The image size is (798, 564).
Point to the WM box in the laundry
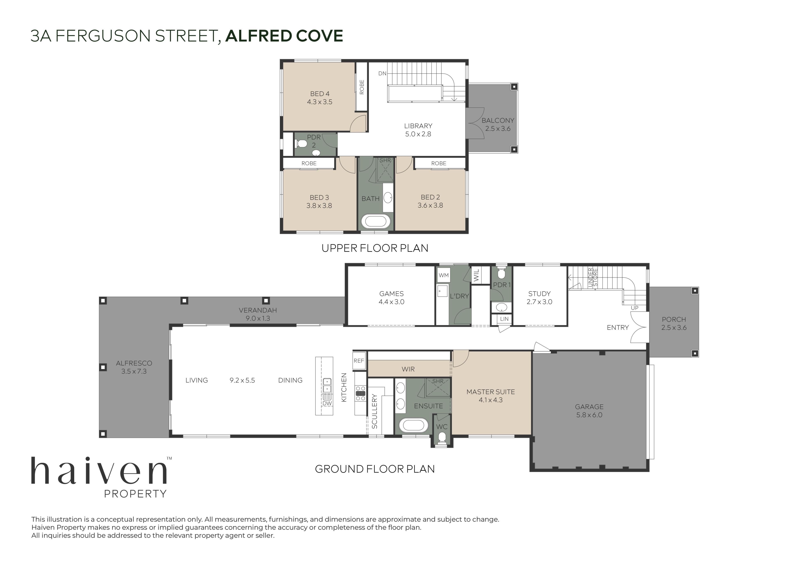(x=443, y=275)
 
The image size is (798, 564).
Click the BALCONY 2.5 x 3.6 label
(x=498, y=124)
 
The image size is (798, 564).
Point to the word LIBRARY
(x=418, y=126)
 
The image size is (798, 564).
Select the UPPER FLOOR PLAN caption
(x=375, y=248)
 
